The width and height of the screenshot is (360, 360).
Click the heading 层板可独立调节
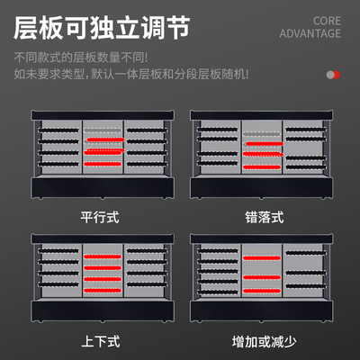[x=102, y=28]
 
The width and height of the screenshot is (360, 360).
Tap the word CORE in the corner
[x=327, y=21]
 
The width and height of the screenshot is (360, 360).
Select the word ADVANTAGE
[x=310, y=33]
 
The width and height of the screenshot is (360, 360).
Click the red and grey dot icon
[x=333, y=75]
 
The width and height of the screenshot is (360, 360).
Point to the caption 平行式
[x=100, y=217]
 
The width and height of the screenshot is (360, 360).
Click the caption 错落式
[x=265, y=217]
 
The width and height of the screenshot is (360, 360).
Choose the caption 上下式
[x=101, y=342]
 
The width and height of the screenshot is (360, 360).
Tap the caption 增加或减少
[x=265, y=342]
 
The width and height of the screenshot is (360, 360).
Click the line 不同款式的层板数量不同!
[x=81, y=58]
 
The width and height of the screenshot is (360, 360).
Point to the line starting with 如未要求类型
[x=131, y=74]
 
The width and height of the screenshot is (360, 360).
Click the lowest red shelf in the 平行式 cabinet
[x=103, y=164]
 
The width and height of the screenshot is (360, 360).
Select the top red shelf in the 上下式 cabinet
[x=103, y=256]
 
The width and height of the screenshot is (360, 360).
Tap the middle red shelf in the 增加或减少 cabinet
[x=262, y=277]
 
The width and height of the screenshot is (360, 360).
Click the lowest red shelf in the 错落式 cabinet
[x=262, y=166]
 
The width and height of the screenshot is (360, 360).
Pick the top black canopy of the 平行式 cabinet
[x=103, y=115]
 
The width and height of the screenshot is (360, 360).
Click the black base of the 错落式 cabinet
[x=261, y=188]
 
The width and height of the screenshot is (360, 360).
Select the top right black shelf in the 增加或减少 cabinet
[x=306, y=253]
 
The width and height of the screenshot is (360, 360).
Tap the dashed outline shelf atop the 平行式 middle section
[x=103, y=130]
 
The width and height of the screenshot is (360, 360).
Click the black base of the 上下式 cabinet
[x=103, y=311]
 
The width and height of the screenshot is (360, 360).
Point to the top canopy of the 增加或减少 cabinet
[x=261, y=238]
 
